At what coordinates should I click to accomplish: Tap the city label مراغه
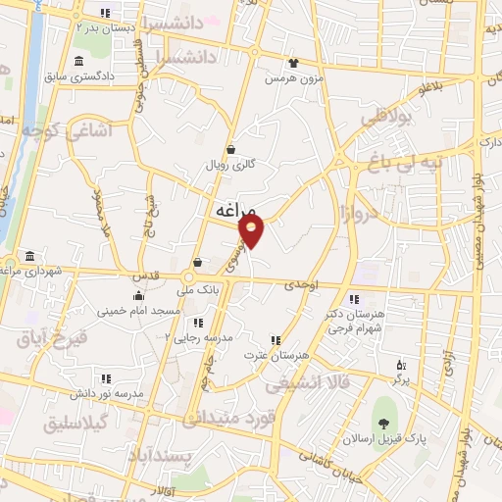point(233,210)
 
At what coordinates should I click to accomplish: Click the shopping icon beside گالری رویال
point(230,149)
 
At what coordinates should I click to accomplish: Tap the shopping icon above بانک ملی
point(199,262)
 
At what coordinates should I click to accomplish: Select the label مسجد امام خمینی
point(137,310)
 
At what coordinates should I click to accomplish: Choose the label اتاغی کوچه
point(68,129)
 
